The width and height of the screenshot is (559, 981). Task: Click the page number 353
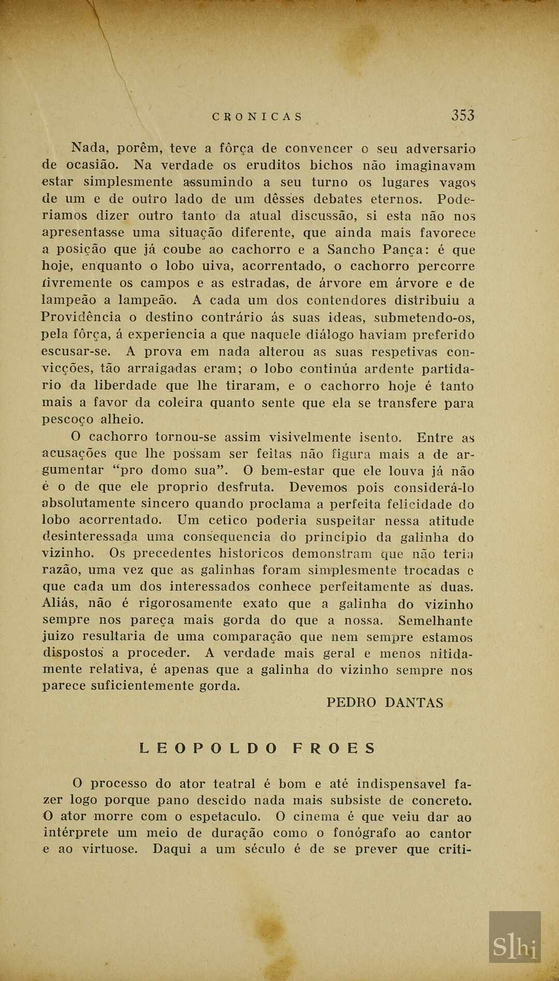click(x=463, y=115)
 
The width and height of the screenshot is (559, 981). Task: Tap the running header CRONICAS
click(x=257, y=117)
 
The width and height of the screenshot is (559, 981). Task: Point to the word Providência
click(x=81, y=317)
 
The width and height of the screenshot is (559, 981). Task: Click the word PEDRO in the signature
click(x=351, y=702)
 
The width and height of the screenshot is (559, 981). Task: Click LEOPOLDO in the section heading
click(x=209, y=748)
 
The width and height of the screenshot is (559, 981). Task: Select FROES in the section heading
click(x=334, y=748)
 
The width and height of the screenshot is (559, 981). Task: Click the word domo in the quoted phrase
click(x=169, y=471)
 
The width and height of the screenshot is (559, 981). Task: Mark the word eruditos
click(x=273, y=166)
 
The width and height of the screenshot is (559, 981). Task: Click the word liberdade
click(x=125, y=386)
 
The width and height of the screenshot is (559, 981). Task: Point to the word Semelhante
click(x=435, y=620)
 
